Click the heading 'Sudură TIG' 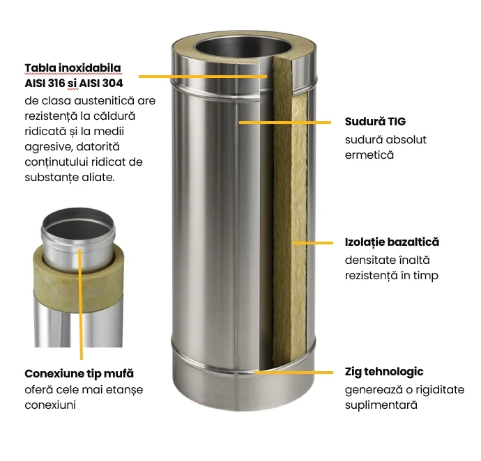pyautogui.click(x=375, y=122)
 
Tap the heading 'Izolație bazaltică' pyautogui.click(x=392, y=242)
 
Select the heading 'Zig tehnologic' pyautogui.click(x=384, y=372)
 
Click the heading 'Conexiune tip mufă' pyautogui.click(x=79, y=374)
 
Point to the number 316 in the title pyautogui.click(x=56, y=83)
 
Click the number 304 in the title pyautogui.click(x=112, y=83)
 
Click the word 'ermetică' pyautogui.click(x=369, y=155)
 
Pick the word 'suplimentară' pyautogui.click(x=381, y=405)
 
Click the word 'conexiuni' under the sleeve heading pyautogui.click(x=50, y=405)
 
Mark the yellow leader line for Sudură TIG pyautogui.click(x=285, y=123)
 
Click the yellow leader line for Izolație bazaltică pyautogui.click(x=313, y=243)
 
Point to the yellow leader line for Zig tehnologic pyautogui.click(x=294, y=373)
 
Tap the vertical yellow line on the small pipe pyautogui.click(x=80, y=304)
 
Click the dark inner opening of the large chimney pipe pyautogui.click(x=243, y=49)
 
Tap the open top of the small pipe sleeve pyautogui.click(x=78, y=223)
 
